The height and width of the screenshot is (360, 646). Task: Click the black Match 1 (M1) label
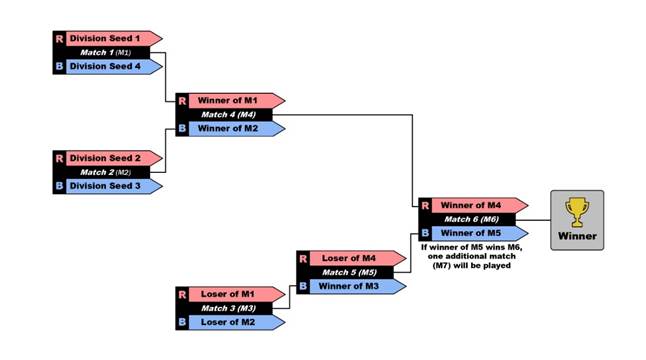coord(106,52)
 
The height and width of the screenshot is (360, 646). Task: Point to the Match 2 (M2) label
coord(106,172)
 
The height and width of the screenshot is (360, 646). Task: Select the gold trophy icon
coord(577,211)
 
